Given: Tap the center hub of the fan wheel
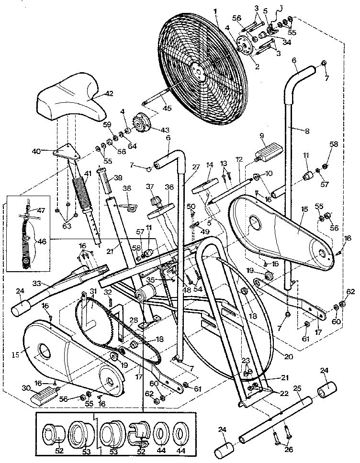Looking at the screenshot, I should [x=197, y=70].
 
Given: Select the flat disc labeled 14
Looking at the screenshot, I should [x=204, y=187].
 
